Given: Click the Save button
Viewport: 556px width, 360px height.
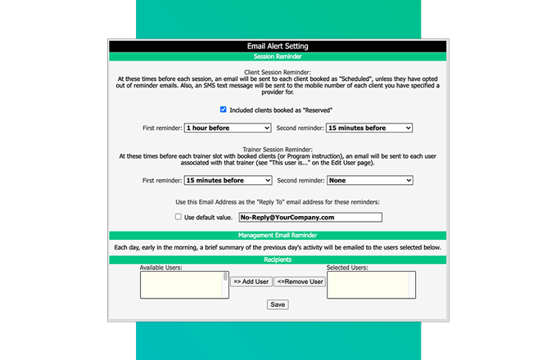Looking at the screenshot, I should click(278, 304).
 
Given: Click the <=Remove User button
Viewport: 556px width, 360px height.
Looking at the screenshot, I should click(300, 281).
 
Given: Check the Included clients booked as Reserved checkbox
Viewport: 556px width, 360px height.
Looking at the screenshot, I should click(224, 110).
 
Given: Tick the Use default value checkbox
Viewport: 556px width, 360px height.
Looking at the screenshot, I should click(179, 218).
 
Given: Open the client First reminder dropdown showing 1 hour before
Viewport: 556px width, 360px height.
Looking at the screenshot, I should click(228, 128).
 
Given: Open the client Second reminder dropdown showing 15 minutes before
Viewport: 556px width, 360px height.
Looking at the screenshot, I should click(369, 128).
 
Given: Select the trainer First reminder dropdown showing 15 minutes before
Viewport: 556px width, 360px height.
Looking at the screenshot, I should click(228, 181).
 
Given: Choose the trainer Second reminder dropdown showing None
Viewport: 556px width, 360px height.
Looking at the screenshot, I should click(369, 181).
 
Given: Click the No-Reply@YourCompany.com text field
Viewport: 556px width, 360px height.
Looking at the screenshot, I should click(310, 218).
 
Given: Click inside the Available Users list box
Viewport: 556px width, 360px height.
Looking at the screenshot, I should click(181, 285).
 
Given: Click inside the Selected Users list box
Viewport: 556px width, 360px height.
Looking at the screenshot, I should click(371, 285).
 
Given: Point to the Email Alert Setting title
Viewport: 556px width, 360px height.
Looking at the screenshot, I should click(278, 47).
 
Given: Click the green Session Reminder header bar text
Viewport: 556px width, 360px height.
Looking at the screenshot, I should click(278, 57).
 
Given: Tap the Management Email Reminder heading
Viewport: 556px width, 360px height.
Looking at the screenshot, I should click(278, 236).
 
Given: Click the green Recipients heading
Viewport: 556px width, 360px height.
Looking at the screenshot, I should click(278, 259).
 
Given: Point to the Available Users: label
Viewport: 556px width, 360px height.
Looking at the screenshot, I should click(160, 268).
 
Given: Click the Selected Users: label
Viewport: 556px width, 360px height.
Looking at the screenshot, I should click(347, 268).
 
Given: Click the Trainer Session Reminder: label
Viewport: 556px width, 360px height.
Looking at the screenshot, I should click(278, 151).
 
